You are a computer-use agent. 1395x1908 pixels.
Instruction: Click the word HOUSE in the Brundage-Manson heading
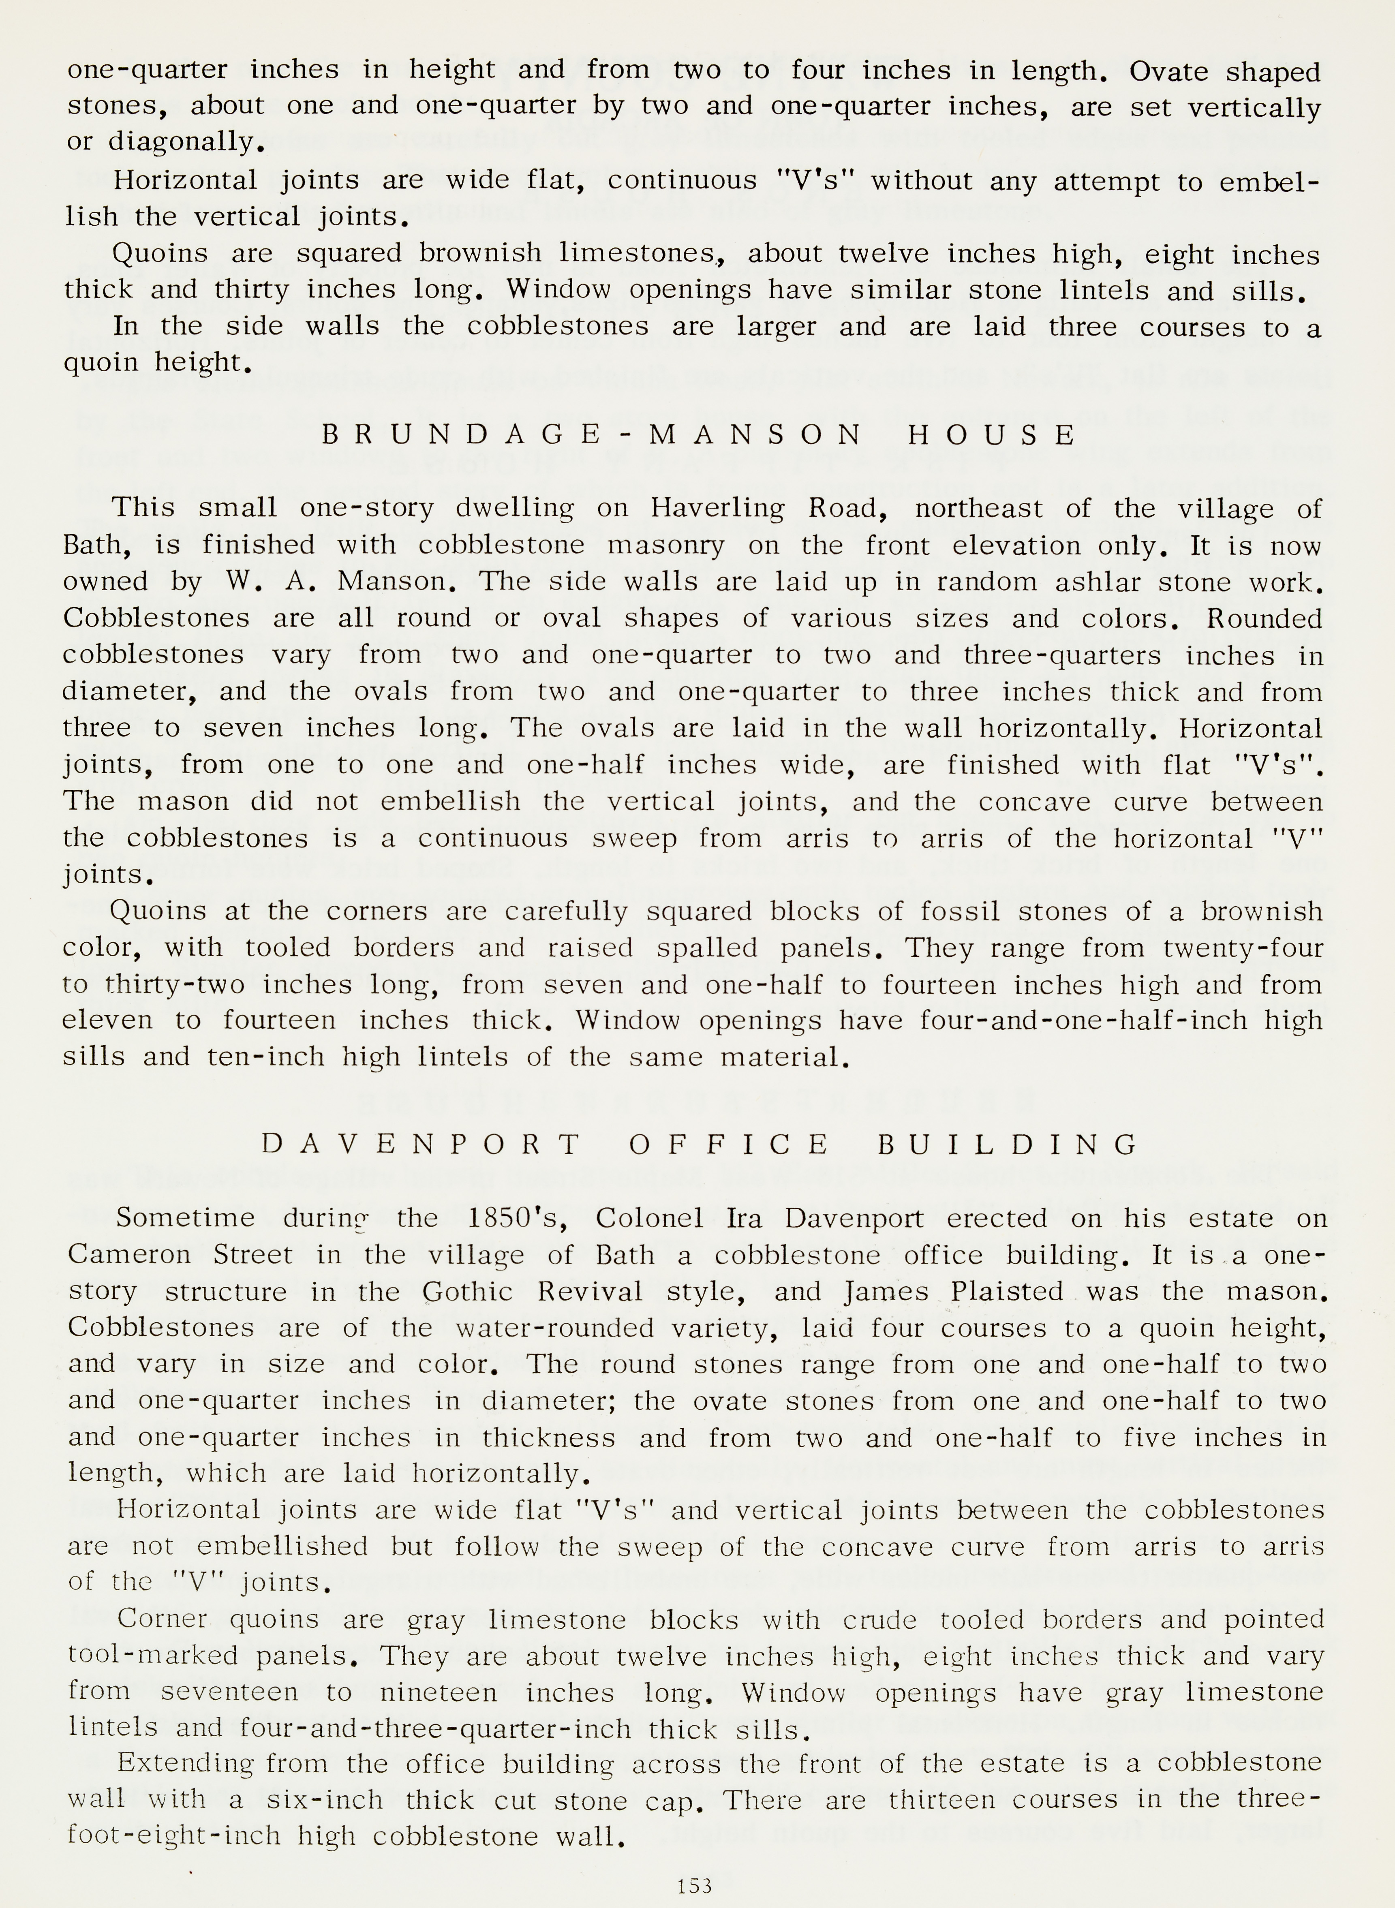992,435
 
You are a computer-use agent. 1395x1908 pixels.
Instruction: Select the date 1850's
521,1218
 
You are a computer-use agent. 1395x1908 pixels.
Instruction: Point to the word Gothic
468,1292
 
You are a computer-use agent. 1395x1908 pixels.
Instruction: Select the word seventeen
230,1693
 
